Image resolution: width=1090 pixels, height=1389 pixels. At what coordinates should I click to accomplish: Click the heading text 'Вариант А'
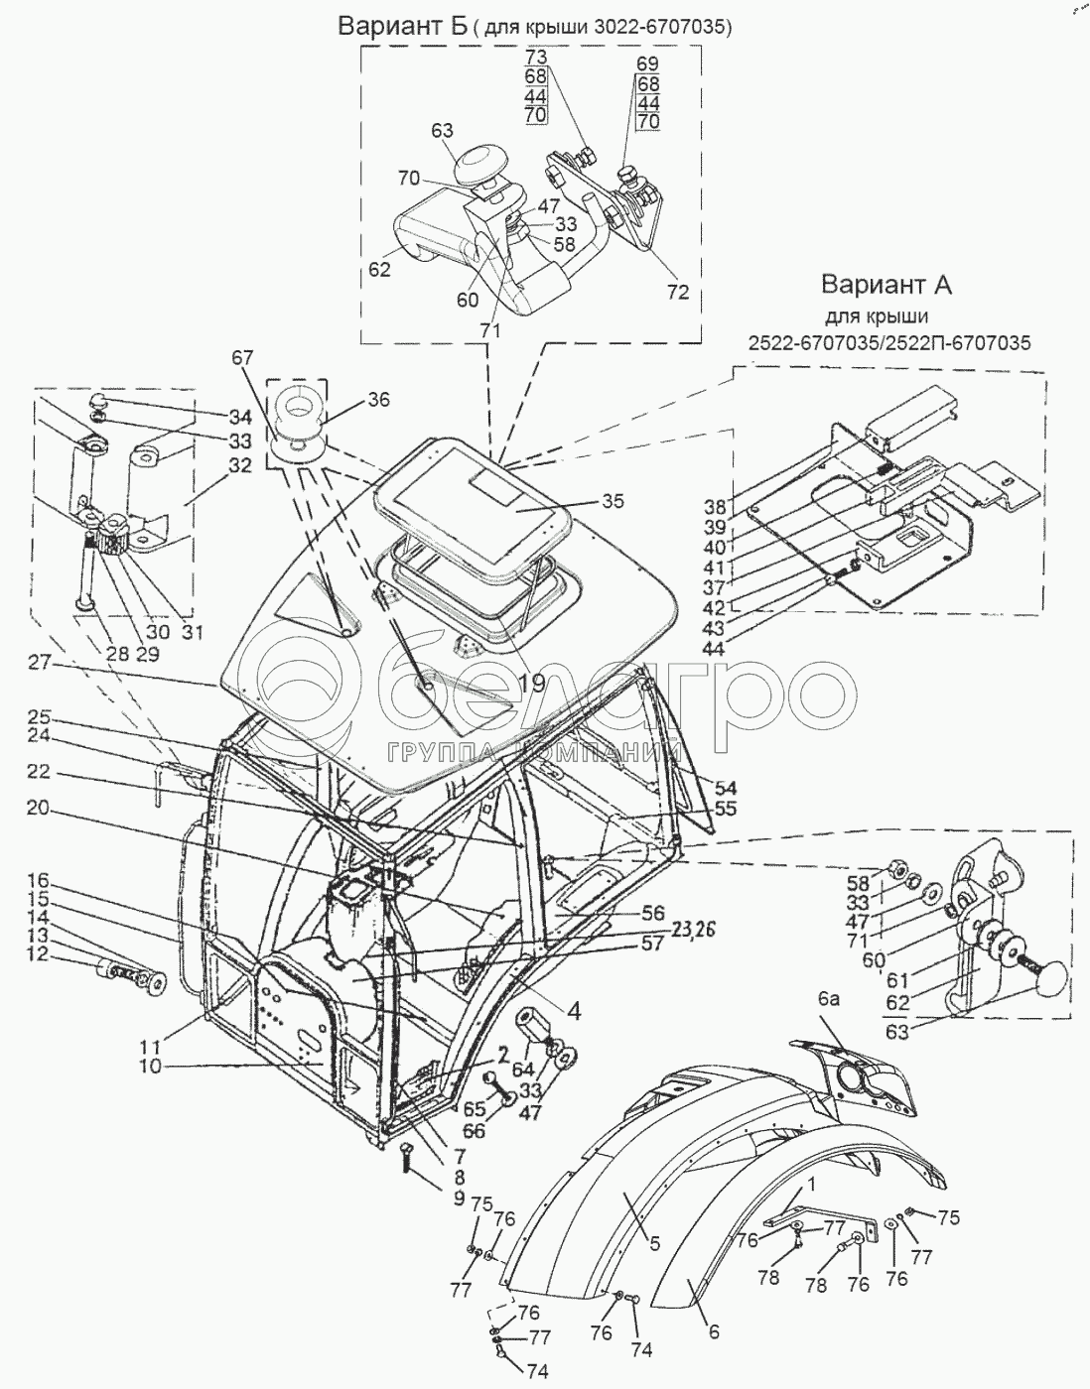886,285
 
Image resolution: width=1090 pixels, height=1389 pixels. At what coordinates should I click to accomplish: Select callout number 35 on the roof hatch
613,500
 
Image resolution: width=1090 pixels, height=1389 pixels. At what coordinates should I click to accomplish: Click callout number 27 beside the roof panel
39,663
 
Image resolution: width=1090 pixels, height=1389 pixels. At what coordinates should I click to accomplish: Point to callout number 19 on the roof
532,684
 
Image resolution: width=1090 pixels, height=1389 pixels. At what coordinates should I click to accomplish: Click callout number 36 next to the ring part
378,400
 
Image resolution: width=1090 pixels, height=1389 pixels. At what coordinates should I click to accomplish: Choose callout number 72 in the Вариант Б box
678,292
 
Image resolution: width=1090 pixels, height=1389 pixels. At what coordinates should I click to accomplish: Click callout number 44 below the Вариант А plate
713,648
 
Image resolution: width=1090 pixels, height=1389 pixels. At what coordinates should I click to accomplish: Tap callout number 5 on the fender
654,1243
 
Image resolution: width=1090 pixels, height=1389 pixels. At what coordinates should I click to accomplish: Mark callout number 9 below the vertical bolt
459,1199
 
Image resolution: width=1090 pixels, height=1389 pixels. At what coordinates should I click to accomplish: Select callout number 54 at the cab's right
725,788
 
